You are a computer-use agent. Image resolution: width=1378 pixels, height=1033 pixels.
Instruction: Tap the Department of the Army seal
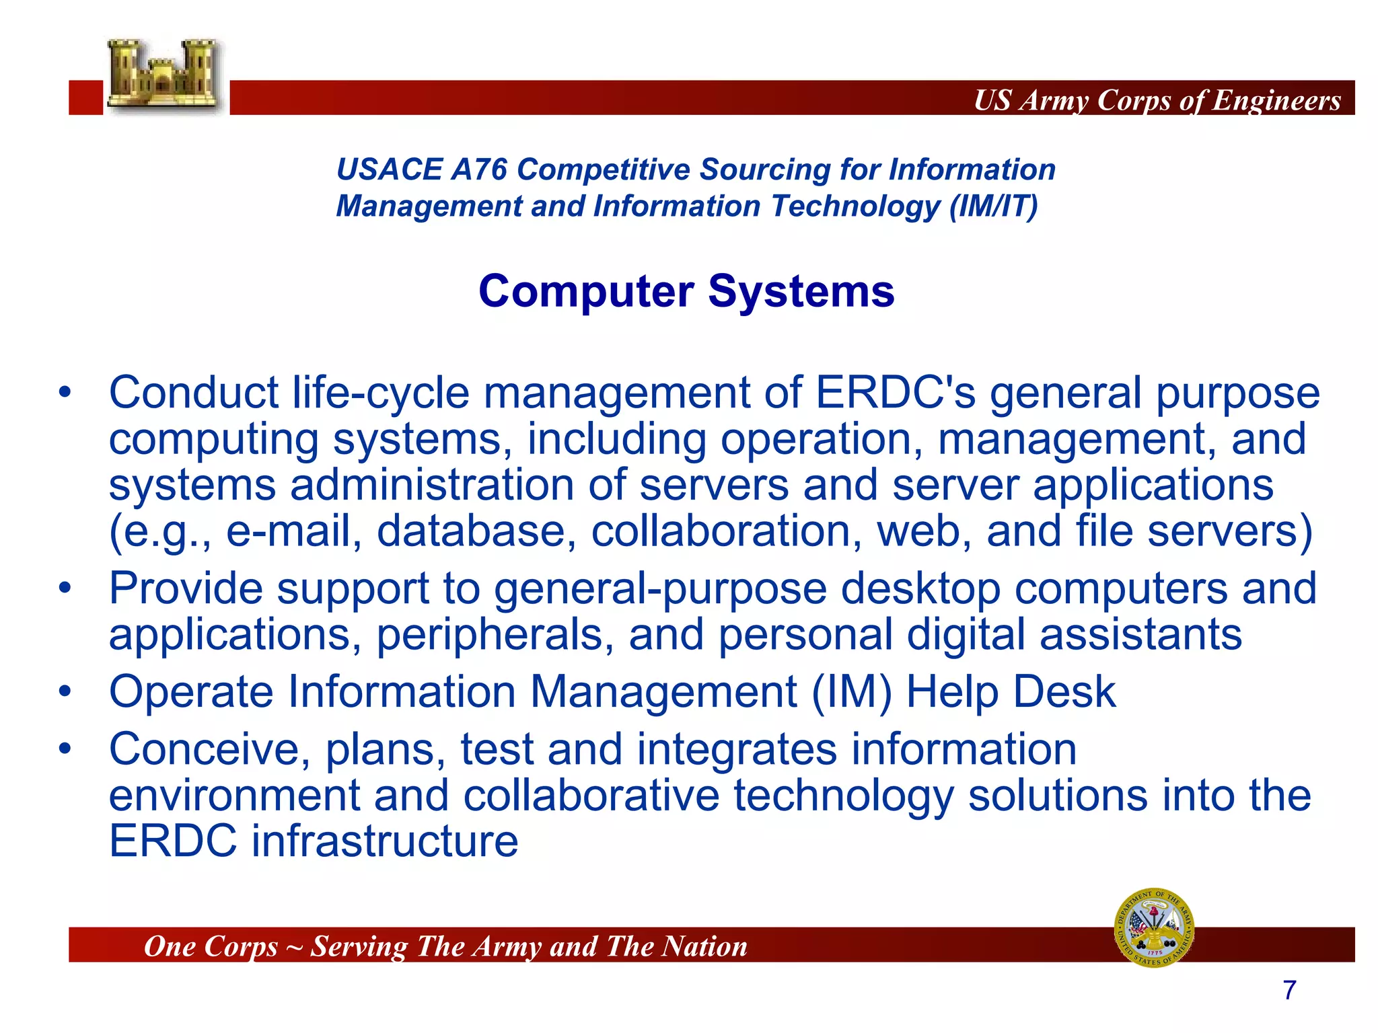pos(1154,927)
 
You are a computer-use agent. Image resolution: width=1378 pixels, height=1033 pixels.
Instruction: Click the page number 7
pos(1289,990)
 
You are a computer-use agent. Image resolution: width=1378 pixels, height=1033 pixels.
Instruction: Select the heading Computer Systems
pos(686,291)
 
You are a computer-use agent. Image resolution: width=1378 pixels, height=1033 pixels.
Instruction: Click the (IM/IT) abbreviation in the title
pos(993,206)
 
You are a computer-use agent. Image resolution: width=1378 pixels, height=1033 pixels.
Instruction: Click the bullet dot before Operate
pos(65,691)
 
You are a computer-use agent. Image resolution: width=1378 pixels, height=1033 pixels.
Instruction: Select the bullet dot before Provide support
pos(65,588)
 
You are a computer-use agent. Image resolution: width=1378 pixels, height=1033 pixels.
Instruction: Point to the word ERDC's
pos(895,393)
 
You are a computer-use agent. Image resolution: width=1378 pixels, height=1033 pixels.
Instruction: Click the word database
pos(476,531)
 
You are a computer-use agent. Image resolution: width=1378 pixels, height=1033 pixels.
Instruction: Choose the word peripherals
pos(495,634)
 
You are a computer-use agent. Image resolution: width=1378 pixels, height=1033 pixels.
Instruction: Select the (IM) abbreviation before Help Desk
pos(851,692)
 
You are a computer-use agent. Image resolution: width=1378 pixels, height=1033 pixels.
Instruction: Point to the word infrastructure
pos(385,841)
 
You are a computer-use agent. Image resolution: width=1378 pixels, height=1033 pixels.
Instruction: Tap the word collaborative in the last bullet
pos(591,795)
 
